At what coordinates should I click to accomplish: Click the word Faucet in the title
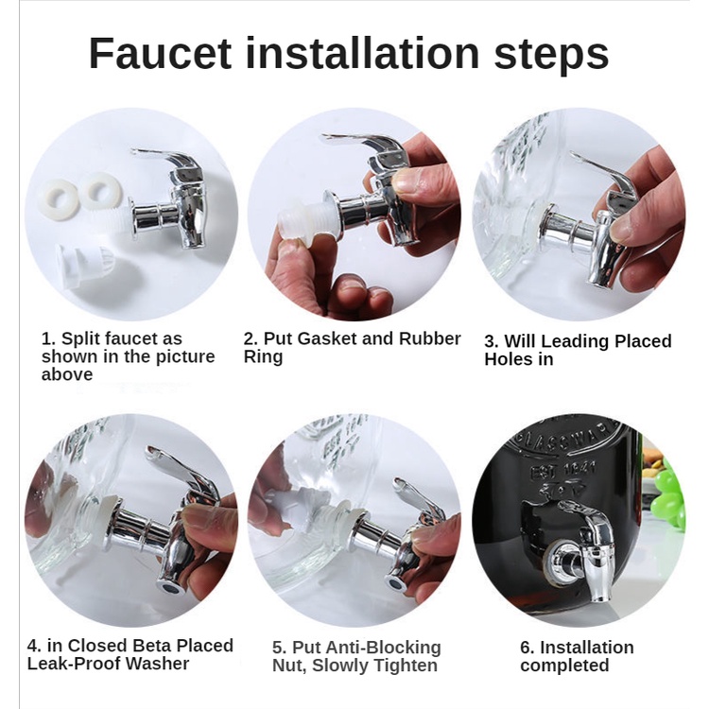[160, 53]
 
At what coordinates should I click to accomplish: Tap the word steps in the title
[551, 56]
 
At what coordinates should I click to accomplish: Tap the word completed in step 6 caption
[564, 666]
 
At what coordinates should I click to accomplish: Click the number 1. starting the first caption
[49, 338]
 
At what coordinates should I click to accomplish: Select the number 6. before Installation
[527, 648]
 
